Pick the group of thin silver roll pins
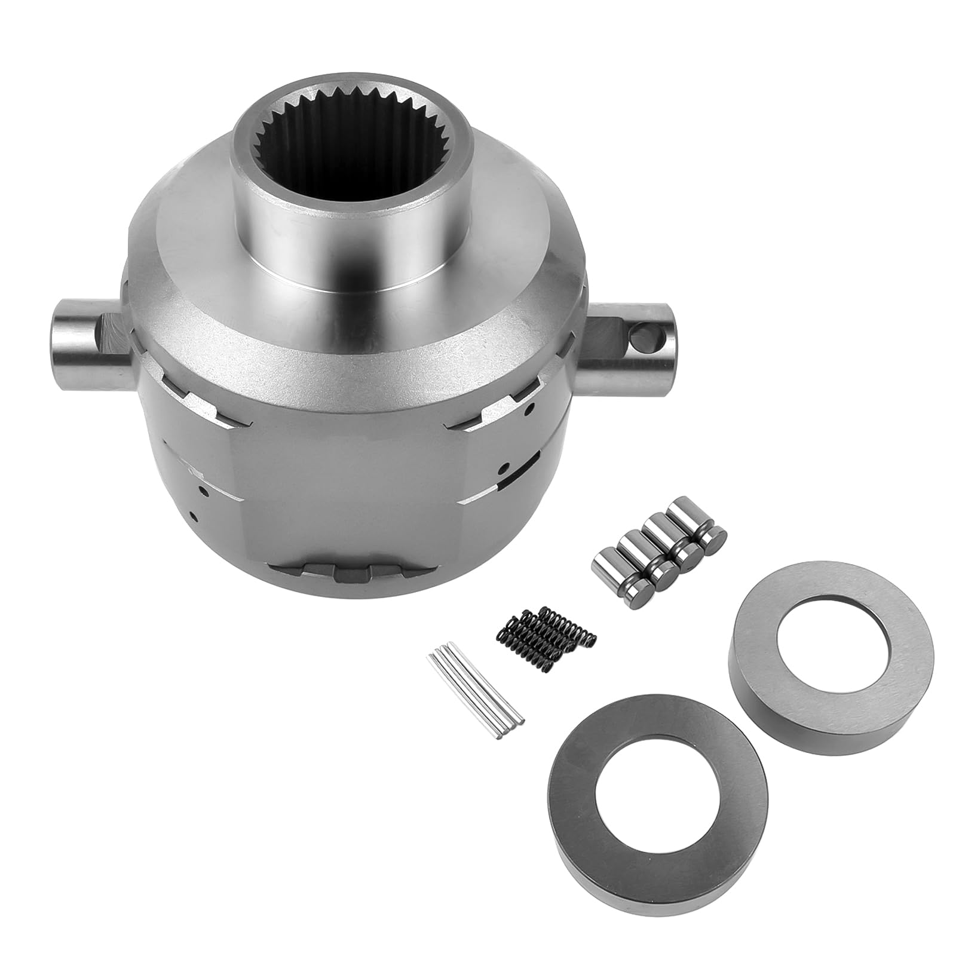pos(475,687)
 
